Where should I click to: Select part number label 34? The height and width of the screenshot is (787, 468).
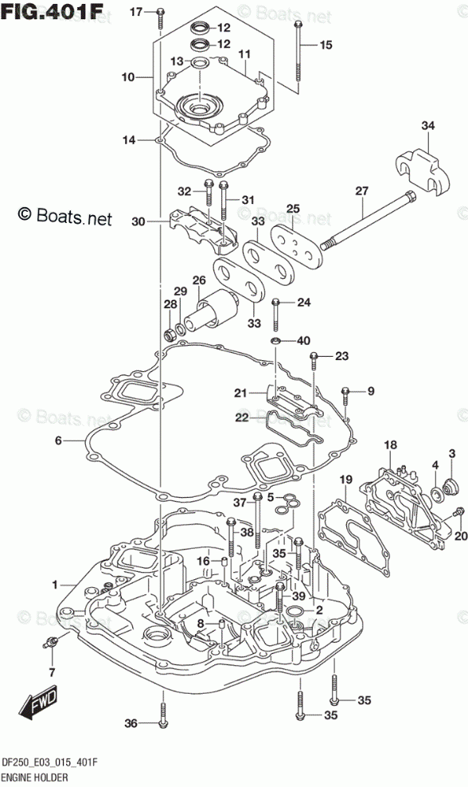coord(427,126)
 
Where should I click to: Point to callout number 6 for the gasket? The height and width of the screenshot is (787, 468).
coord(58,440)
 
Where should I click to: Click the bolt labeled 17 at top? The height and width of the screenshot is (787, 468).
coord(159,18)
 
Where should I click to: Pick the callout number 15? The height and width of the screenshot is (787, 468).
coord(326,45)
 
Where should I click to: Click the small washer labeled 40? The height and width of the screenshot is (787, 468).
coord(275,341)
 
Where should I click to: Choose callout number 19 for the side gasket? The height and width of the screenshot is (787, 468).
coord(345,480)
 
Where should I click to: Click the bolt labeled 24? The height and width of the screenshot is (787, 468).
coord(276,315)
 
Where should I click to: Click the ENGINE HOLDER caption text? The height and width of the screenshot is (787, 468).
coord(35,778)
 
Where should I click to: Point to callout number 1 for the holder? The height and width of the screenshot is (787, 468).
coord(55,585)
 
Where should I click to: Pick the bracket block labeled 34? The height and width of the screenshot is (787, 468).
coord(423,172)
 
